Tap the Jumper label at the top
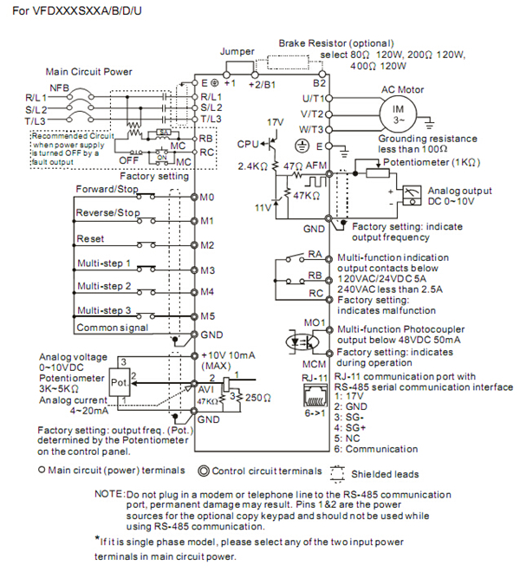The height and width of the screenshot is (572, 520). (237, 52)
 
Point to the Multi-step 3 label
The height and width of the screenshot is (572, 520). (103, 309)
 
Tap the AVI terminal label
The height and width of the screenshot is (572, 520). (208, 390)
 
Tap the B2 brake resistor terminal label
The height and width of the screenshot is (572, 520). (318, 84)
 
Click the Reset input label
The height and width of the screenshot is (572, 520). (90, 237)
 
